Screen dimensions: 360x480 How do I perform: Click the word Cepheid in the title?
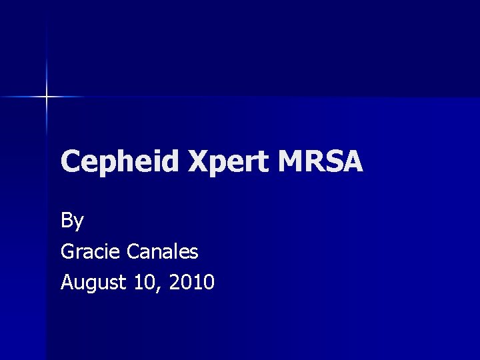[x=121, y=162]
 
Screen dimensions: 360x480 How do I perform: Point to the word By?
[x=72, y=221]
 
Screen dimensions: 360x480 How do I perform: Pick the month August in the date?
[x=93, y=283]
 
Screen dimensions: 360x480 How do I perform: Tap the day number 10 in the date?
[x=145, y=282]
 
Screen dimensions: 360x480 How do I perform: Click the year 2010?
[x=191, y=282]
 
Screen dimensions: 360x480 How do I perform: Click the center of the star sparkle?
[x=47, y=97]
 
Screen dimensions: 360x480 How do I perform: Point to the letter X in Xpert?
[x=199, y=162]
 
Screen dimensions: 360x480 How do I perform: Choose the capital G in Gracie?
[x=68, y=251]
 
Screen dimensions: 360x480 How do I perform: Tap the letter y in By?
[x=79, y=223]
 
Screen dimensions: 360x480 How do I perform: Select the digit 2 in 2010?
[x=175, y=282]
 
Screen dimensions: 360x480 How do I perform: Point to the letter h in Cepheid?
[x=122, y=162]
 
